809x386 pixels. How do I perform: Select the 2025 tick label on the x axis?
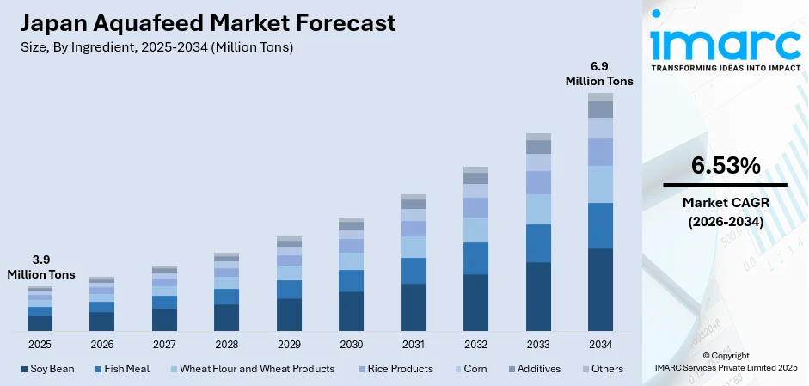(40, 344)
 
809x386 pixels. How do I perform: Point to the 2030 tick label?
(351, 344)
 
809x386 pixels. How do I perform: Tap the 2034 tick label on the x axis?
(600, 344)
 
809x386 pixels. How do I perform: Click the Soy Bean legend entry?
(48, 369)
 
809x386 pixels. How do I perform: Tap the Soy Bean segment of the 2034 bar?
(600, 290)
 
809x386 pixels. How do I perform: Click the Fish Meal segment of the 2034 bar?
(600, 225)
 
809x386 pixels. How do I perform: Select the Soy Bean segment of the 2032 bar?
(475, 303)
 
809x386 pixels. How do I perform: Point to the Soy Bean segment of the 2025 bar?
(40, 323)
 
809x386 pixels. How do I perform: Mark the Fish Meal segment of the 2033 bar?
(538, 243)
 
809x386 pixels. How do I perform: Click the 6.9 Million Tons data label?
(599, 74)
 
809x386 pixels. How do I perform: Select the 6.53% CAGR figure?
(724, 166)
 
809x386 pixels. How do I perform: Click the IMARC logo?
(724, 40)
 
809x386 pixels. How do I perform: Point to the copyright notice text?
(724, 361)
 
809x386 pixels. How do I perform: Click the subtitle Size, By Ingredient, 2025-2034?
(158, 47)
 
